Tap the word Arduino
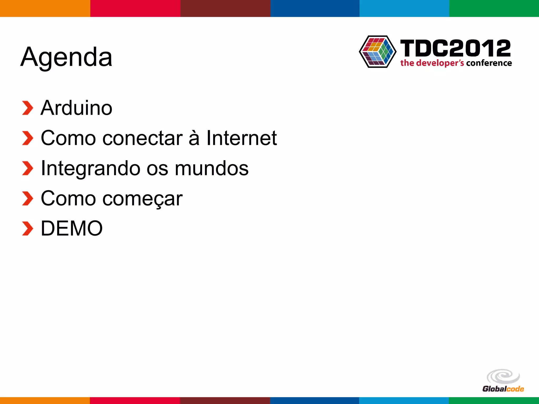pyautogui.click(x=76, y=108)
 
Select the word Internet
pyautogui.click(x=241, y=138)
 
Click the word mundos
pyautogui.click(x=212, y=169)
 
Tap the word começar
pyautogui.click(x=142, y=199)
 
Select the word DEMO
pyautogui.click(x=72, y=228)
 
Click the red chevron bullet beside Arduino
pyautogui.click(x=27, y=108)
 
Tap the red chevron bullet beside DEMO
pyautogui.click(x=27, y=229)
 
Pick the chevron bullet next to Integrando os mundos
pyautogui.click(x=27, y=168)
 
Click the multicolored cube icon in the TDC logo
pyautogui.click(x=378, y=52)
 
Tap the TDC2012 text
pyautogui.click(x=455, y=48)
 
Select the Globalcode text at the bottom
pyautogui.click(x=503, y=389)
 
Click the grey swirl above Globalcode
pyautogui.click(x=503, y=376)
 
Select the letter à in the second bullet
pyautogui.click(x=194, y=138)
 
